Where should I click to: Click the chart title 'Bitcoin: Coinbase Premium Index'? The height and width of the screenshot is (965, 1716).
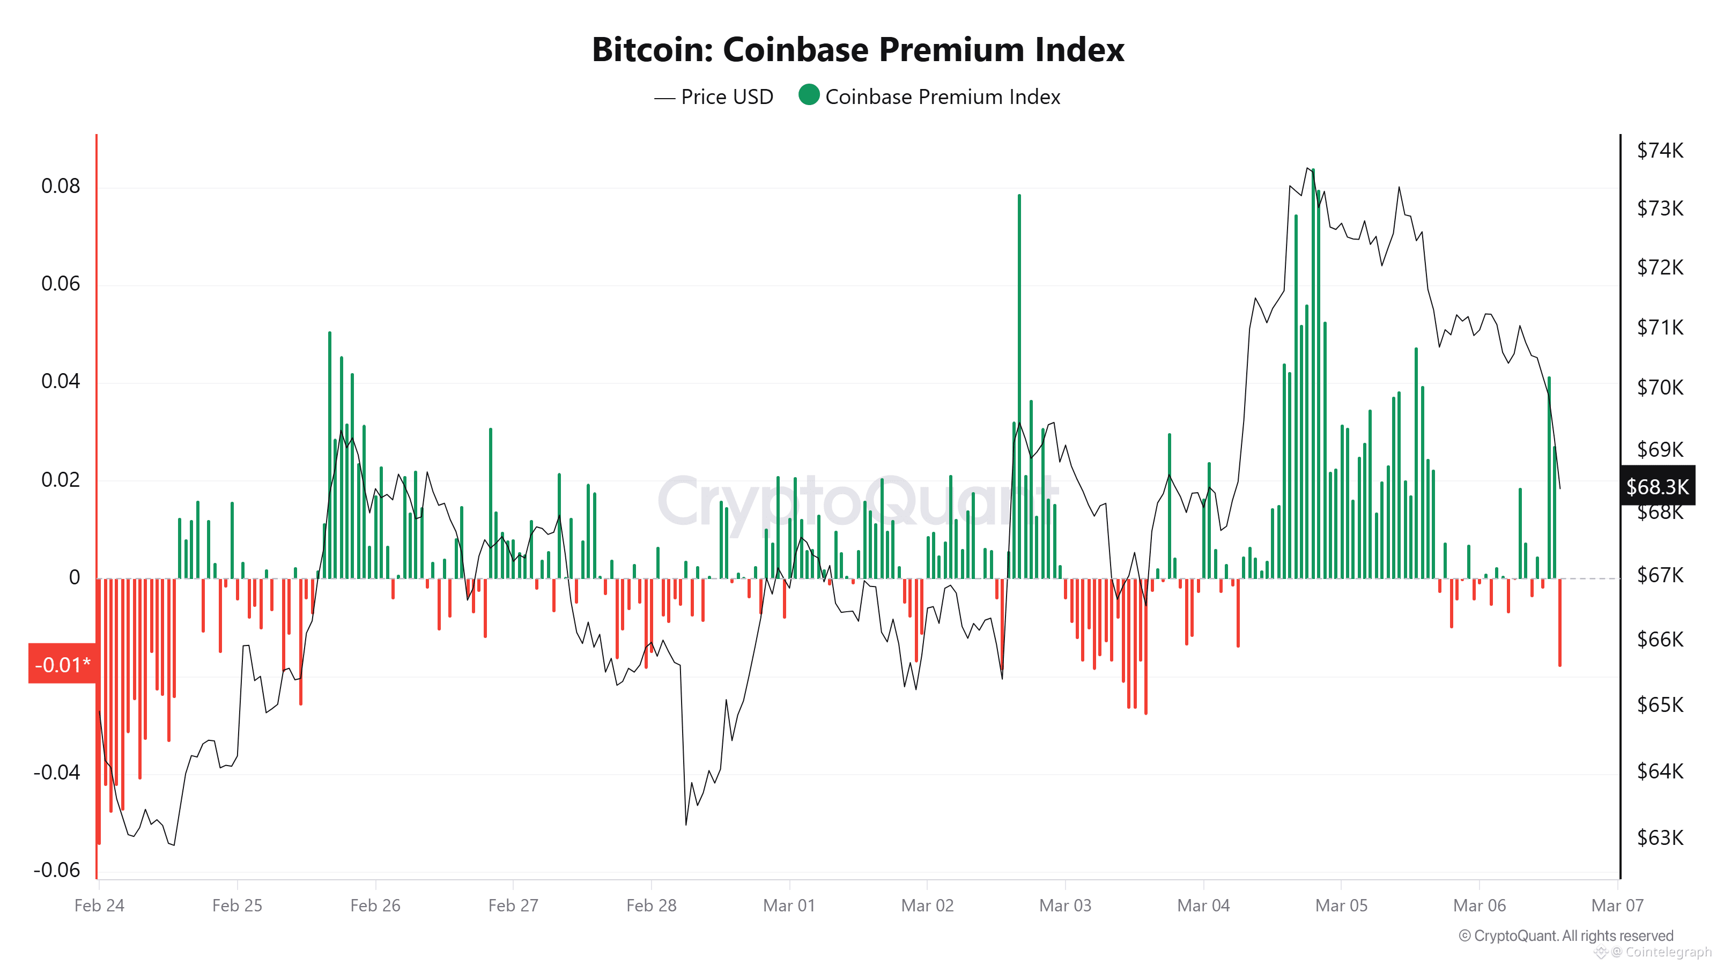[857, 50]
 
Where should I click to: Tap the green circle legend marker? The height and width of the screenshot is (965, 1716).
[808, 95]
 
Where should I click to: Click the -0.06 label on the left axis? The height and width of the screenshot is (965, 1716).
[57, 870]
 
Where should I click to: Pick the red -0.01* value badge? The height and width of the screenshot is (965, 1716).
[62, 664]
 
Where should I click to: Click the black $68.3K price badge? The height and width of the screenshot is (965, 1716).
[1656, 486]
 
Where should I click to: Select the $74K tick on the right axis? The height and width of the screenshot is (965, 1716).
[1659, 151]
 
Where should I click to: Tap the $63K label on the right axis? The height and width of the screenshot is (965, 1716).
[1659, 837]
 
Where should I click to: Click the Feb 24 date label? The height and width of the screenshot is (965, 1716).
[99, 905]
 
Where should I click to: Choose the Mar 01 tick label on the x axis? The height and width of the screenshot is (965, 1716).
[789, 905]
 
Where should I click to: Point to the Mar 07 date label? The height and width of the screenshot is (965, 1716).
[1617, 905]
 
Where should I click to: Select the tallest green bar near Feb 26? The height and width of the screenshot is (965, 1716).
[330, 453]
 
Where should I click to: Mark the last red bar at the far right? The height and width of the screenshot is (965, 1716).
[1559, 622]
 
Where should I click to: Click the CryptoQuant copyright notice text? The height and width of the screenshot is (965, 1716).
[1565, 936]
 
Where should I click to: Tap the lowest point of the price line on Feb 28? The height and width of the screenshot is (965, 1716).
[685, 825]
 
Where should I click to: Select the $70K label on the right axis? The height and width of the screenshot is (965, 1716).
[1659, 388]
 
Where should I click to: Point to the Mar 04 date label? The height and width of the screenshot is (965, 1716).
[1203, 905]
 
